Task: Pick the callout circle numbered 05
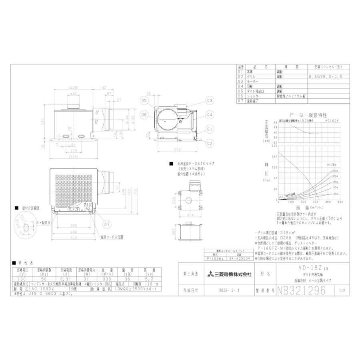[144, 101]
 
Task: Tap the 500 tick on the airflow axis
[340, 202]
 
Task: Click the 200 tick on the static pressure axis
[275, 146]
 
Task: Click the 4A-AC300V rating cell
[240, 258]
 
